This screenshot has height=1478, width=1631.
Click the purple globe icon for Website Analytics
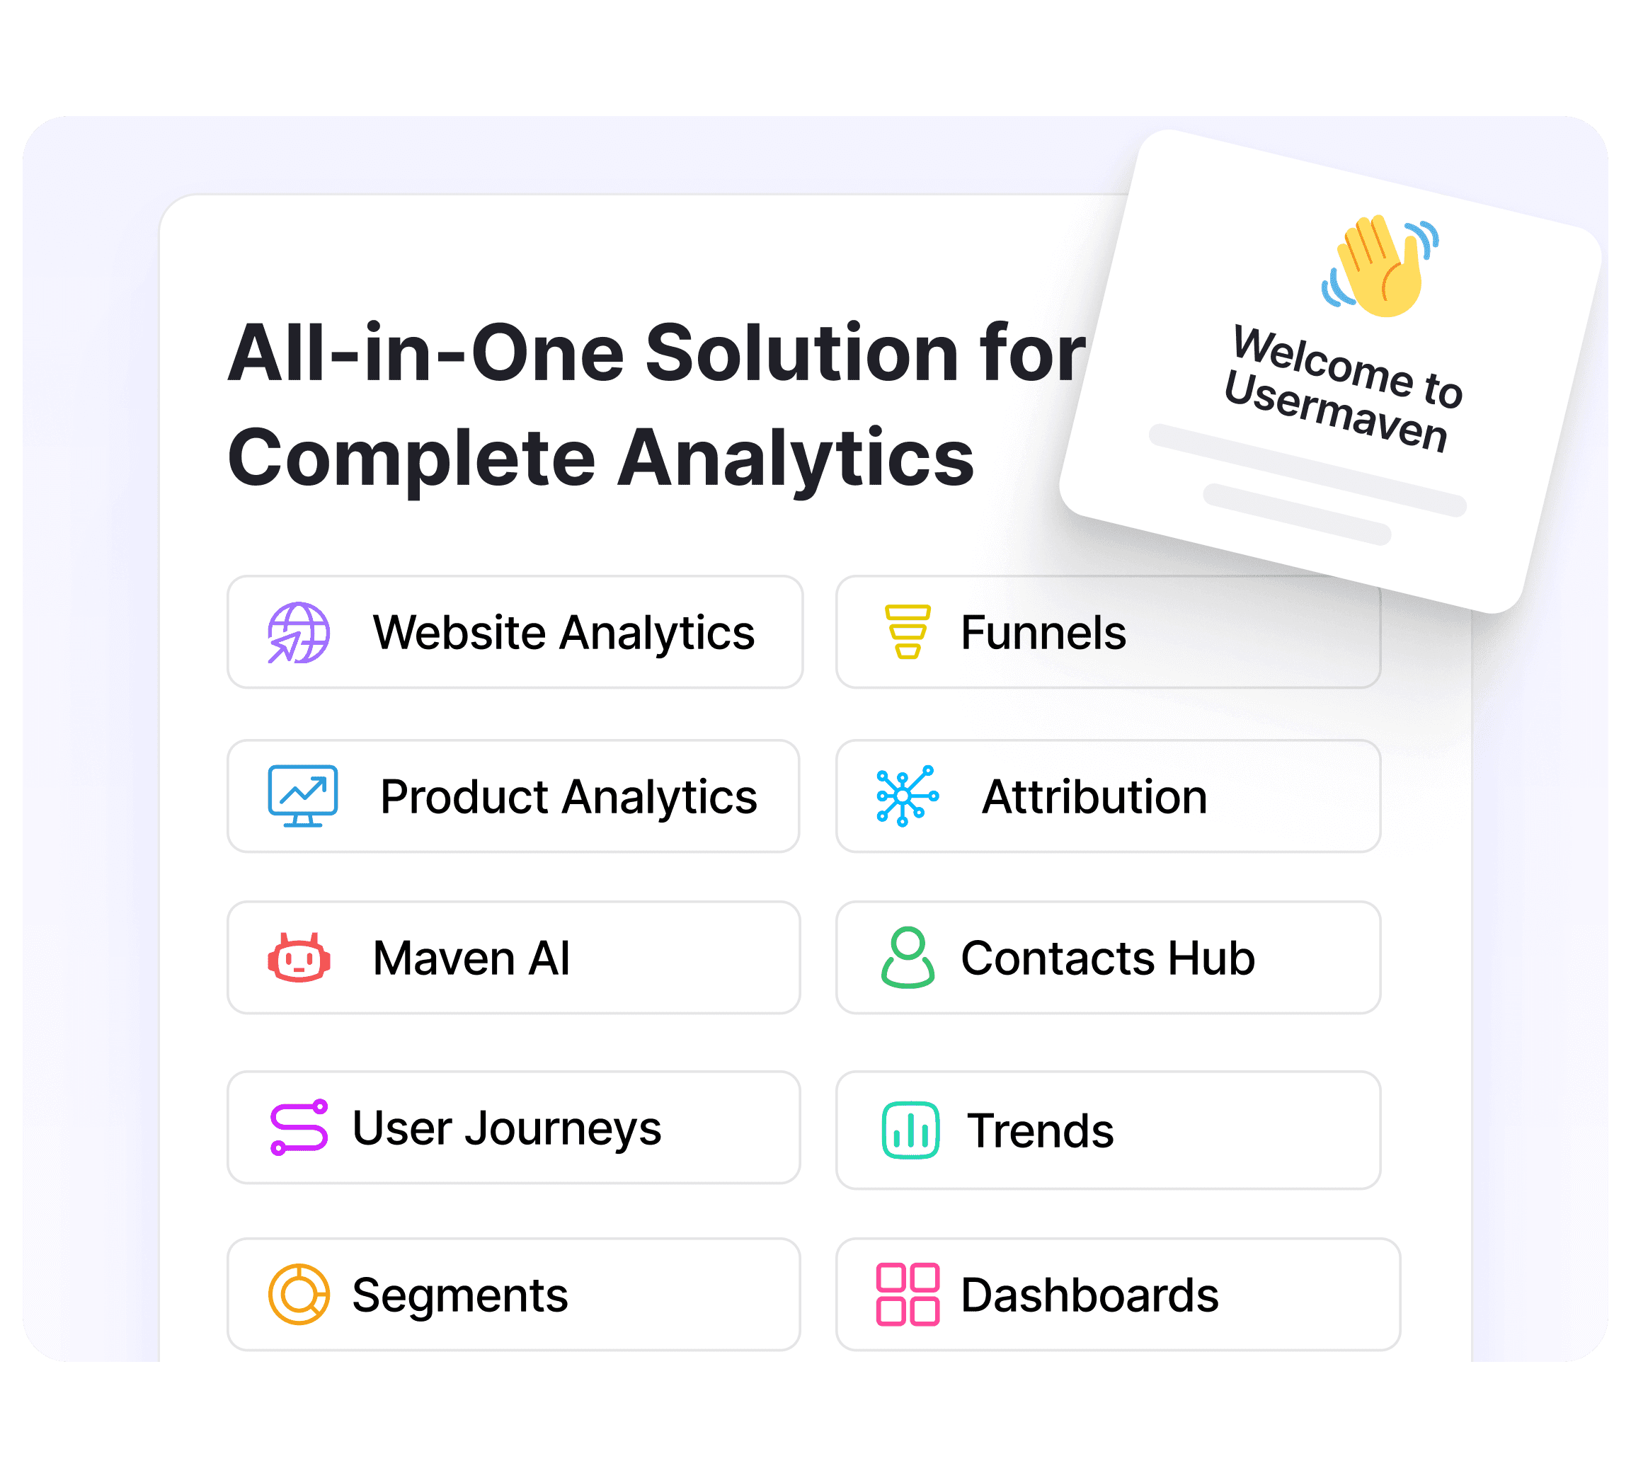[x=299, y=633]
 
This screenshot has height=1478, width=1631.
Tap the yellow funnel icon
[x=907, y=632]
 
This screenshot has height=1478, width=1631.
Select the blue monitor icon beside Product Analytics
[x=302, y=796]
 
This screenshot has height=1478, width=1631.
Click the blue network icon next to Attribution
[x=907, y=796]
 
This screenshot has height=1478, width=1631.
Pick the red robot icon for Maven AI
[x=299, y=958]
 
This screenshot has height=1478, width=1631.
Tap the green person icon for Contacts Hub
[x=907, y=958]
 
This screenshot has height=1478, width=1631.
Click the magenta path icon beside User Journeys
[x=299, y=1128]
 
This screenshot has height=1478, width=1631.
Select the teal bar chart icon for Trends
[x=910, y=1130]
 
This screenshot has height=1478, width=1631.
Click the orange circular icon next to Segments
[x=299, y=1295]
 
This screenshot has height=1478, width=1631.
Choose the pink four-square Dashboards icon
[x=908, y=1295]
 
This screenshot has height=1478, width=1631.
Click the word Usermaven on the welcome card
[x=1336, y=413]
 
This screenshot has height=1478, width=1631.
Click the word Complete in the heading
[x=411, y=458]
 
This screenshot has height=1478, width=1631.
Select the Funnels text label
[x=1043, y=633]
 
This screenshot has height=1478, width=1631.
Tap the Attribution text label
[x=1094, y=797]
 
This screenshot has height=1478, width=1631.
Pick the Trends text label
[x=1041, y=1131]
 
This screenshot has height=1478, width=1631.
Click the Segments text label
[x=459, y=1295]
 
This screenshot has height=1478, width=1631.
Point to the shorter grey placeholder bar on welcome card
[x=1297, y=515]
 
